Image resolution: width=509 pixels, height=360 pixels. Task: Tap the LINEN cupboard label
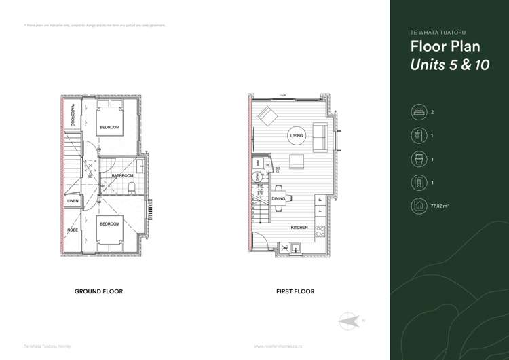point(72,202)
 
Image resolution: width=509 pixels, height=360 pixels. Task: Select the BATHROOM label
point(123,176)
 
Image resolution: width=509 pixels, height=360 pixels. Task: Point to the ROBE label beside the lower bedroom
point(72,230)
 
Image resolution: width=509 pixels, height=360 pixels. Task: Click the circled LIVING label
point(297,137)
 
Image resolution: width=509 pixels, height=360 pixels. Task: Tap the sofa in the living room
point(319,137)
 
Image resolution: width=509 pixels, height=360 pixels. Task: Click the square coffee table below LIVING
point(296,161)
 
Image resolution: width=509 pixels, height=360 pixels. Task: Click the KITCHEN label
point(299,228)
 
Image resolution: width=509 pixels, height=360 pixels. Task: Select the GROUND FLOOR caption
point(98,291)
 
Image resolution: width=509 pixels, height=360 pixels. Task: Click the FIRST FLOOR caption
point(295,291)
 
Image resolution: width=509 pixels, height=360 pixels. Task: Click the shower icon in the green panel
point(416,136)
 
